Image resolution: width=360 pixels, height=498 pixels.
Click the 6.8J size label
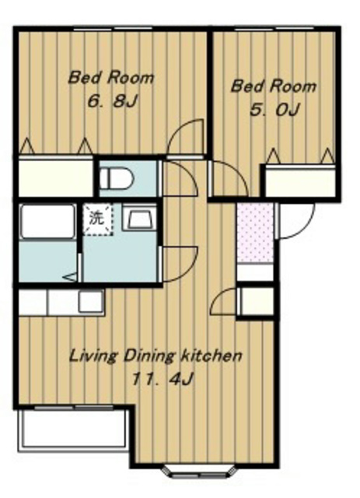112,101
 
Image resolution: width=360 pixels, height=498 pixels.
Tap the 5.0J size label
274,110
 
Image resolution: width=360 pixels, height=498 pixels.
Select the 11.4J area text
163,379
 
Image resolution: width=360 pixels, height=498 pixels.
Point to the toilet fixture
117,178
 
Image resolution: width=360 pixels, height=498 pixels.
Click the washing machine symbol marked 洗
97,219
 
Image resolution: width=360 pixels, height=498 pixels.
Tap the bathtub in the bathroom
47,221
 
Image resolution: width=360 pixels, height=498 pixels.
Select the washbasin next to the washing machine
139,218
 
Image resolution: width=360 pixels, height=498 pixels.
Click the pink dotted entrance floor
255,233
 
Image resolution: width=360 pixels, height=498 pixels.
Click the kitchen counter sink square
92,301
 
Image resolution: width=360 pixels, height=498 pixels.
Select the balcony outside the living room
74,429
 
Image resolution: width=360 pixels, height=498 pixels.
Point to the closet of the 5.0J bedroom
300,182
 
